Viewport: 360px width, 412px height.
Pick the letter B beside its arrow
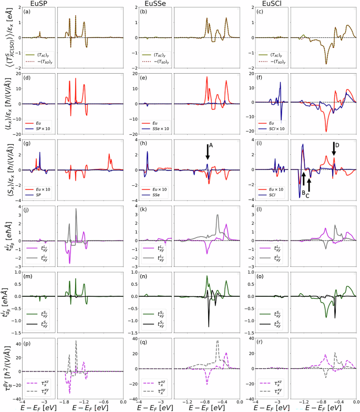click(x=303, y=193)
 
